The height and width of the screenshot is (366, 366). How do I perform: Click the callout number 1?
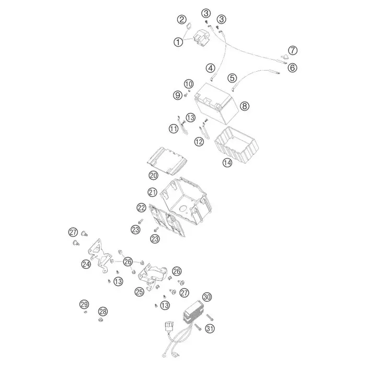[x=178, y=42]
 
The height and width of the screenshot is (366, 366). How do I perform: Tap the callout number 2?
[x=182, y=19]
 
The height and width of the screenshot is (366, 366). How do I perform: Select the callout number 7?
[x=293, y=50]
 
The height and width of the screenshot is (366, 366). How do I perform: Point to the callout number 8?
[x=244, y=106]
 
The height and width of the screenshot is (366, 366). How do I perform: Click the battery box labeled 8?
[x=216, y=102]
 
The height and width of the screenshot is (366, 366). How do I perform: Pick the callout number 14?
[x=227, y=163]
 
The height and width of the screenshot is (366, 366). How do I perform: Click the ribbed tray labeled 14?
[x=236, y=145]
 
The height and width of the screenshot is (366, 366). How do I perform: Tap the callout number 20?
[x=153, y=175]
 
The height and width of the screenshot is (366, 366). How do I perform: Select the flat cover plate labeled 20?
[x=167, y=161]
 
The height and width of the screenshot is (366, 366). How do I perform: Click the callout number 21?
[x=153, y=192]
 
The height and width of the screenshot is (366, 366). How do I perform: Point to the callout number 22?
[x=141, y=208]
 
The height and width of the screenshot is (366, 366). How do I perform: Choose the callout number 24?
[x=86, y=264]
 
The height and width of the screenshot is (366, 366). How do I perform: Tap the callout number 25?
[x=140, y=292]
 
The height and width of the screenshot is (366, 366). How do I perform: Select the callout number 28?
[x=103, y=312]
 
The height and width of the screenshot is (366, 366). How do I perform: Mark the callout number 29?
[x=84, y=304]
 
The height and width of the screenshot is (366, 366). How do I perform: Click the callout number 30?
[x=207, y=297]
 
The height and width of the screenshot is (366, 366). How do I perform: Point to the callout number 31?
[x=210, y=329]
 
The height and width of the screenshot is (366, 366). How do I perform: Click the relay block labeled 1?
[x=201, y=37]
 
